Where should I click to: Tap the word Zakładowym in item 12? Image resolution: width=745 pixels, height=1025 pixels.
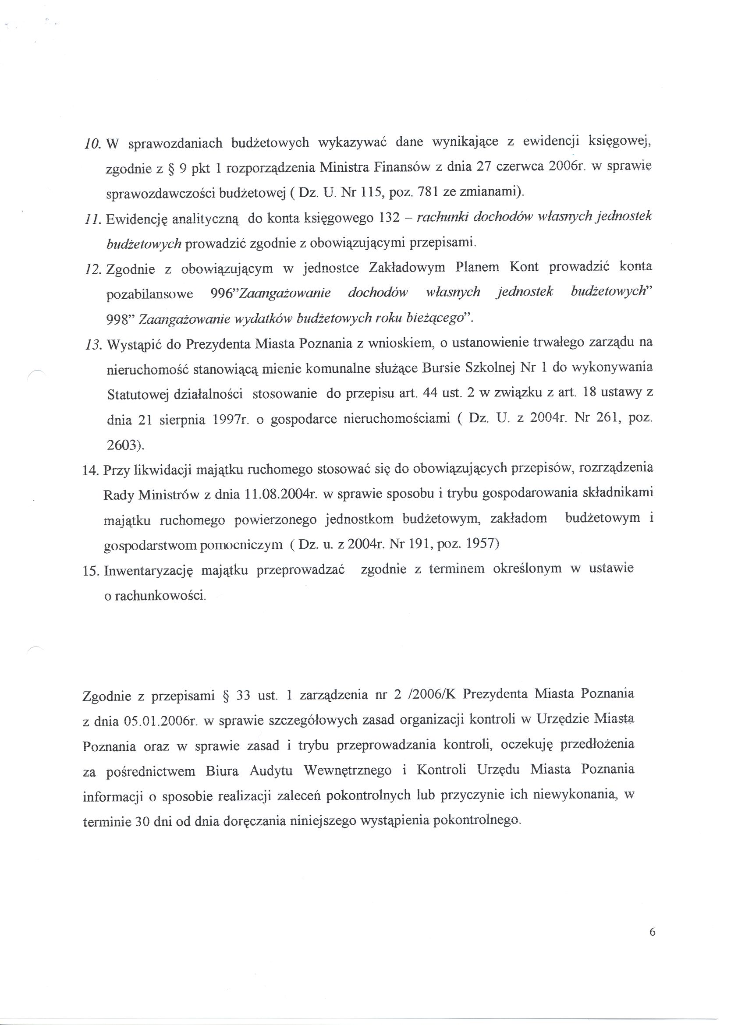click(407, 268)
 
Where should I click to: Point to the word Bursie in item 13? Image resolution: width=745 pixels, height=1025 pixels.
click(441, 369)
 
